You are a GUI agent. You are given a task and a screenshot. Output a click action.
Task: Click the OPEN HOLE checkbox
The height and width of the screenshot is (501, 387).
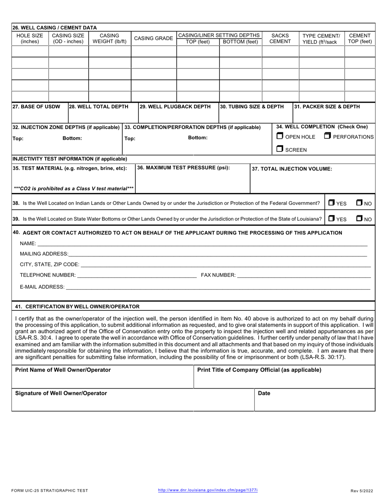tap(279, 136)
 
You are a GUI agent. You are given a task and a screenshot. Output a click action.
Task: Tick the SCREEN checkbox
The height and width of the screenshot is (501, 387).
tap(279, 149)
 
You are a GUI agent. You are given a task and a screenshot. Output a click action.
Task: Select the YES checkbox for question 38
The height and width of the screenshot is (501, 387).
tap(332, 203)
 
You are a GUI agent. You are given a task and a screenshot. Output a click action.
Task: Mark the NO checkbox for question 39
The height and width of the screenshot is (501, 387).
tap(359, 219)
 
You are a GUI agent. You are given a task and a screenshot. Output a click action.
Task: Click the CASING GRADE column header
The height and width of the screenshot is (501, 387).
tap(154, 38)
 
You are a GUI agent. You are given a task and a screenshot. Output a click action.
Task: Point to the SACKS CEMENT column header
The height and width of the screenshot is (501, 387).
tap(280, 38)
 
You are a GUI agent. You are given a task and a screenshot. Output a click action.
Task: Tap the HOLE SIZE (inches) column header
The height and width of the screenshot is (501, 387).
tap(30, 38)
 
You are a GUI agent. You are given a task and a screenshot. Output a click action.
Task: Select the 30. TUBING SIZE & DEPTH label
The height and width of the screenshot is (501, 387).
tap(252, 107)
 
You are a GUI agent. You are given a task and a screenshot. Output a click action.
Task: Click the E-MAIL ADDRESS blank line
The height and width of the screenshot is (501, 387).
tap(218, 287)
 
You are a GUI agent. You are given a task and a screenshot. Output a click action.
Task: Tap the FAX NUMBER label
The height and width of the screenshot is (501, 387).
tap(218, 276)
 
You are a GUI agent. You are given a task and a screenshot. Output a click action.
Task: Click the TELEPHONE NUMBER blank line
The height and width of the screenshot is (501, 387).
tap(136, 276)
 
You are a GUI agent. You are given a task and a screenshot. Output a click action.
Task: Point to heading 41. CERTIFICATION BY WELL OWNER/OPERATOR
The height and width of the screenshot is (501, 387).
tap(77, 306)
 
